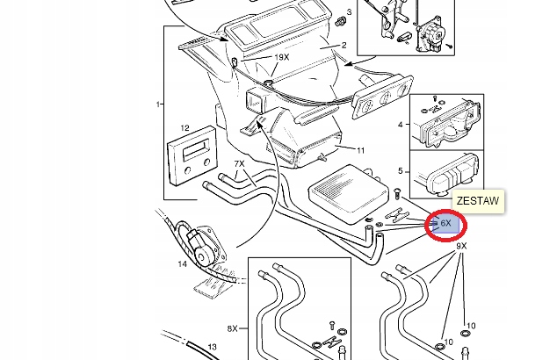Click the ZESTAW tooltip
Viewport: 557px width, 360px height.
click(x=478, y=201)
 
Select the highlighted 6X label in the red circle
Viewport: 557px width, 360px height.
click(x=445, y=223)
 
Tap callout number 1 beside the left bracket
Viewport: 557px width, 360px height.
click(x=158, y=104)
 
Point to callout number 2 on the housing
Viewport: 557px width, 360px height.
click(x=344, y=45)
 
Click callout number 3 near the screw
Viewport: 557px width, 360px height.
click(x=349, y=12)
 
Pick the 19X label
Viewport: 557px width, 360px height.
click(x=282, y=57)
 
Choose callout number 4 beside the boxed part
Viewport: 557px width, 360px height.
click(x=401, y=125)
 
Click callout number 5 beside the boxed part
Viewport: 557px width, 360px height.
click(x=401, y=171)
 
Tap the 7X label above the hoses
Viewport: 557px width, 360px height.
click(x=240, y=163)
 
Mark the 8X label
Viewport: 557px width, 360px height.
click(x=232, y=328)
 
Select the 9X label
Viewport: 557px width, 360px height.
click(x=461, y=246)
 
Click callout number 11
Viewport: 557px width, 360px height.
click(x=360, y=150)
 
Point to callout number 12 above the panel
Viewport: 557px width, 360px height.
click(x=184, y=128)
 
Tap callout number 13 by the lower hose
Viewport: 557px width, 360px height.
click(x=212, y=347)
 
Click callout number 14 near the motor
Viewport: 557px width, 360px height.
click(x=182, y=264)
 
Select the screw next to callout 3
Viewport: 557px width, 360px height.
click(x=340, y=21)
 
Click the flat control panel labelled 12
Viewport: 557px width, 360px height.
click(x=192, y=155)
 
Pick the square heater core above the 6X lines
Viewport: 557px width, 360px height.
click(x=349, y=193)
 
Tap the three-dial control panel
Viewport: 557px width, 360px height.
click(x=382, y=97)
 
